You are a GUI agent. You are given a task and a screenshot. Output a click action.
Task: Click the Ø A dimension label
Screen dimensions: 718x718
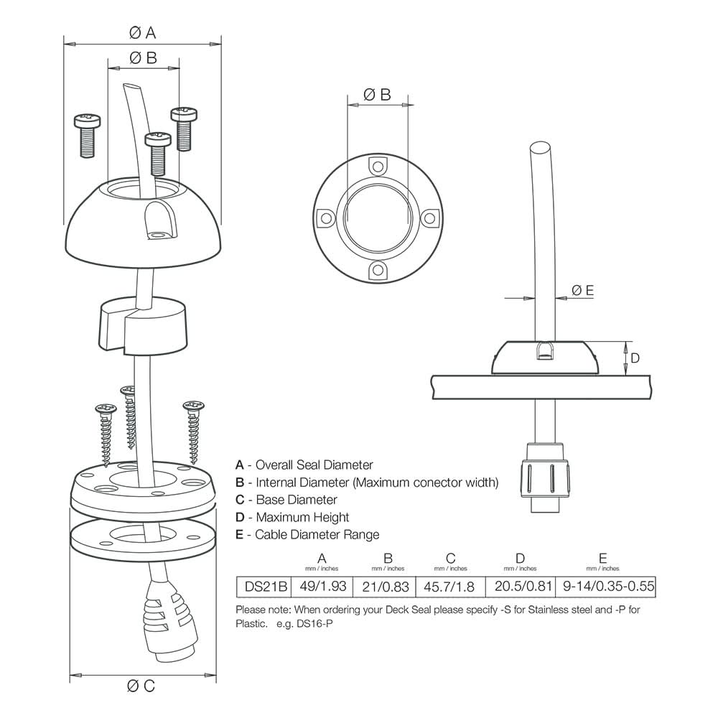142,32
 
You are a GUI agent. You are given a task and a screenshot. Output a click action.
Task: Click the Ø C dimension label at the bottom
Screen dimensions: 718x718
141,686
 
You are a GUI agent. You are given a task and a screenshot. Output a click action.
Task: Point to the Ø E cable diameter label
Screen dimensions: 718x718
582,290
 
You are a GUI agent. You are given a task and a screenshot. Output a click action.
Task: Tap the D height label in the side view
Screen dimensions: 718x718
635,358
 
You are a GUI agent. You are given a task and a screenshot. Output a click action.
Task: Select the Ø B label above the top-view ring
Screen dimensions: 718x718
377,94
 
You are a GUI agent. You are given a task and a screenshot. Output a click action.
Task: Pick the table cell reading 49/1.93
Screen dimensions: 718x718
322,587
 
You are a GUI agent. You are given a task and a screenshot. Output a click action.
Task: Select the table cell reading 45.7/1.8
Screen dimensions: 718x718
450,587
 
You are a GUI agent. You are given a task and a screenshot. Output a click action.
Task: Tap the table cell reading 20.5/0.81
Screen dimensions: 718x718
521,587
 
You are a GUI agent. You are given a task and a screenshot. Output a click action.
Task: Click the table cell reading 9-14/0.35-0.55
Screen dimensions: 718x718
608,587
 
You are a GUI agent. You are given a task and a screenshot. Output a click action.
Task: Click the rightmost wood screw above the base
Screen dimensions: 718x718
193,431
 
